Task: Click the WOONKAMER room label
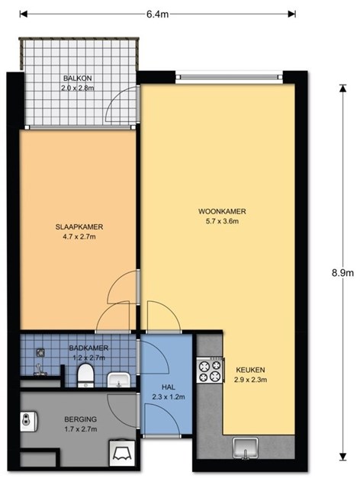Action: click(x=222, y=211)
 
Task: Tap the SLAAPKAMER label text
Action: click(x=79, y=227)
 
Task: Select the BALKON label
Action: click(x=78, y=78)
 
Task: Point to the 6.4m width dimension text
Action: click(x=158, y=14)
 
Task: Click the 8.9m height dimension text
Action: click(x=342, y=273)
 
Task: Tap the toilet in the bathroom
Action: click(x=85, y=375)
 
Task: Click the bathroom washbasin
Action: click(x=118, y=380)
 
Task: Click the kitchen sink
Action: click(x=246, y=448)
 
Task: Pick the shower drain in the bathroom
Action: click(x=40, y=352)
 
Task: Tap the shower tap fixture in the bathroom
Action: click(x=39, y=370)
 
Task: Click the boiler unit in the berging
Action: click(x=29, y=422)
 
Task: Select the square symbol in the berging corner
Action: click(x=122, y=453)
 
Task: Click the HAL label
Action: click(x=168, y=387)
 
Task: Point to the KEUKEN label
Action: click(x=250, y=370)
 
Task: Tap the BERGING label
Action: click(x=80, y=419)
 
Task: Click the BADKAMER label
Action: click(x=88, y=348)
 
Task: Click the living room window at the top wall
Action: click(x=230, y=77)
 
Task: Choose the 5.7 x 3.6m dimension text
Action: click(x=222, y=221)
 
